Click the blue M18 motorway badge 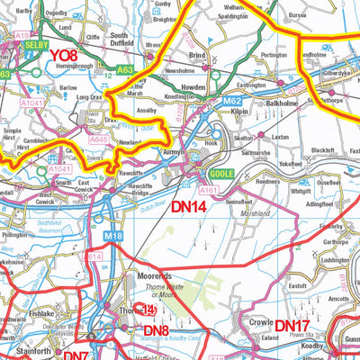pyautogui.click(x=112, y=235)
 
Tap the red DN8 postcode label pyautogui.click(x=156, y=331)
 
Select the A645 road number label pyautogui.click(x=97, y=139)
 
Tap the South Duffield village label pyautogui.click(x=126, y=40)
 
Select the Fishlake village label pyautogui.click(x=41, y=315)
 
